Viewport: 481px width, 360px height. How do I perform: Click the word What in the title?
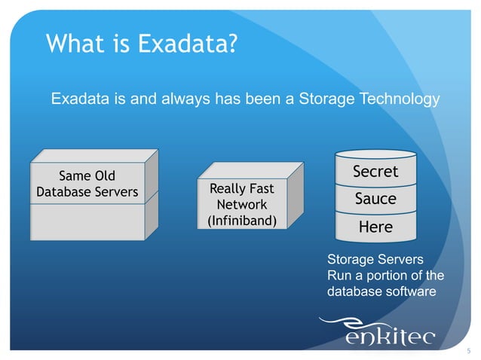pos(69,44)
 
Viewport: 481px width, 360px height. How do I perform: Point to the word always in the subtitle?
pos(184,99)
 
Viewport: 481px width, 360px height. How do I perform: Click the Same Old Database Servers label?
pos(87,184)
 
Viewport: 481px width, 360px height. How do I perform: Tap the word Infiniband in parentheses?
pos(241,221)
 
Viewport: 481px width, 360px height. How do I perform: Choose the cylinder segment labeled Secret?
pos(375,172)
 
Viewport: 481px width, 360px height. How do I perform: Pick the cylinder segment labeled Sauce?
pos(375,199)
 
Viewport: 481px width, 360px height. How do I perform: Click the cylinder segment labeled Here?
pos(375,226)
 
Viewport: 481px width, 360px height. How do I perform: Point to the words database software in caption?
pos(381,290)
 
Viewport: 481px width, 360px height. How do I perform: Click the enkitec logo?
pos(388,333)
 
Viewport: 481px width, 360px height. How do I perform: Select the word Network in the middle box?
pos(241,204)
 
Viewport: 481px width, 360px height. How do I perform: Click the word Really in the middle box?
pos(225,188)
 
